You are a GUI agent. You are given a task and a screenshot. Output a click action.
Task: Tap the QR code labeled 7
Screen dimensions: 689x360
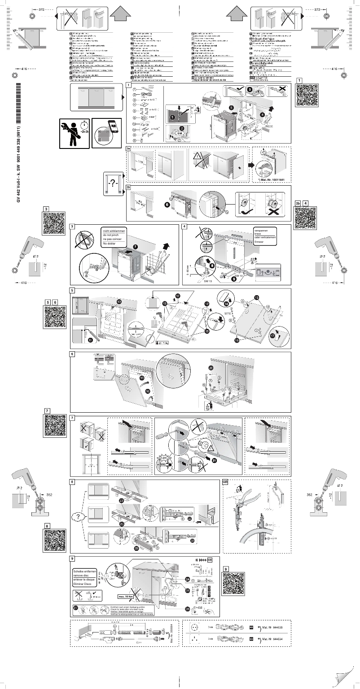pyautogui.click(x=56, y=429)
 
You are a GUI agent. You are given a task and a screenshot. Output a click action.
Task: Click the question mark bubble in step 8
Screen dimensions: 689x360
pyautogui.click(x=79, y=517)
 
